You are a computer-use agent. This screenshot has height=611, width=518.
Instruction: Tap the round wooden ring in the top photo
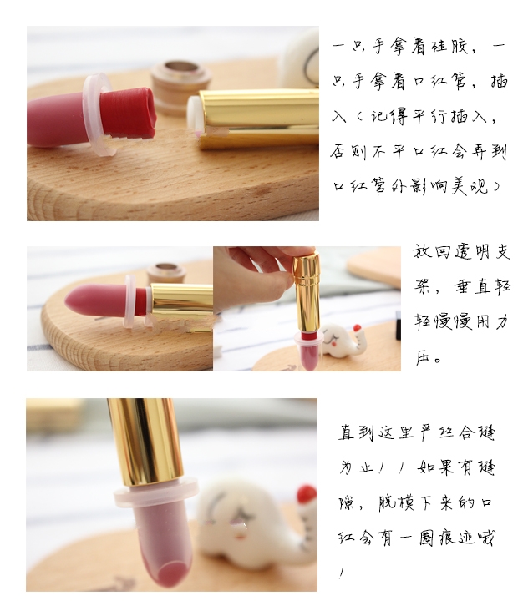click(181, 83)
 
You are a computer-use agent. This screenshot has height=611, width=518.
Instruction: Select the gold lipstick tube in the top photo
click(259, 119)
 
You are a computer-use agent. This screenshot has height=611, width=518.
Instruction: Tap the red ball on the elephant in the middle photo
click(357, 328)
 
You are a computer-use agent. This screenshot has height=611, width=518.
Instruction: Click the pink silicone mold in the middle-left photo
click(100, 300)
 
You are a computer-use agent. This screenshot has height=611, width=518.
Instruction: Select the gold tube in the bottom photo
click(145, 442)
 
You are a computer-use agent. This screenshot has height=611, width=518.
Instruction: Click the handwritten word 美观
click(470, 187)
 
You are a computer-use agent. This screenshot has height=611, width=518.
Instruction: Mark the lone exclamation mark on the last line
click(342, 573)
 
